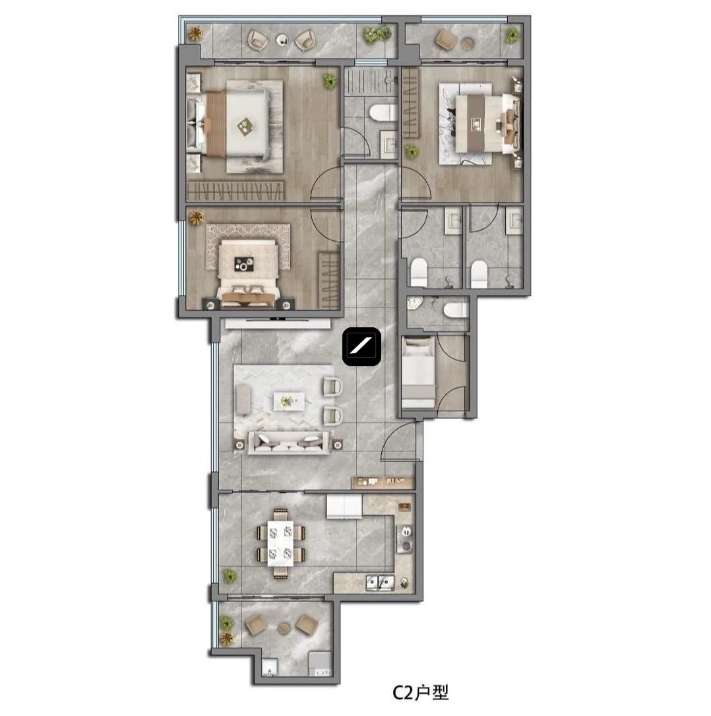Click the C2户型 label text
tap(421, 693)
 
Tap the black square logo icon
tap(362, 346)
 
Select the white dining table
tap(280, 543)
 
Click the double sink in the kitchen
tap(380, 583)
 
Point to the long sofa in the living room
tap(288, 442)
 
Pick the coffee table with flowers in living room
tap(289, 401)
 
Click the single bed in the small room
tap(417, 372)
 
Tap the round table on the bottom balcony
tap(284, 628)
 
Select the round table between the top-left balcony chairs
tap(282, 40)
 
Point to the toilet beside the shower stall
tap(383, 113)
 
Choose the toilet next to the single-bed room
tap(456, 310)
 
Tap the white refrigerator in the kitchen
tap(344, 507)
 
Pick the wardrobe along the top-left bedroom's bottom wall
tap(235, 191)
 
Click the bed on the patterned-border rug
tap(248, 273)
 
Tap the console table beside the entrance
tap(383, 481)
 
